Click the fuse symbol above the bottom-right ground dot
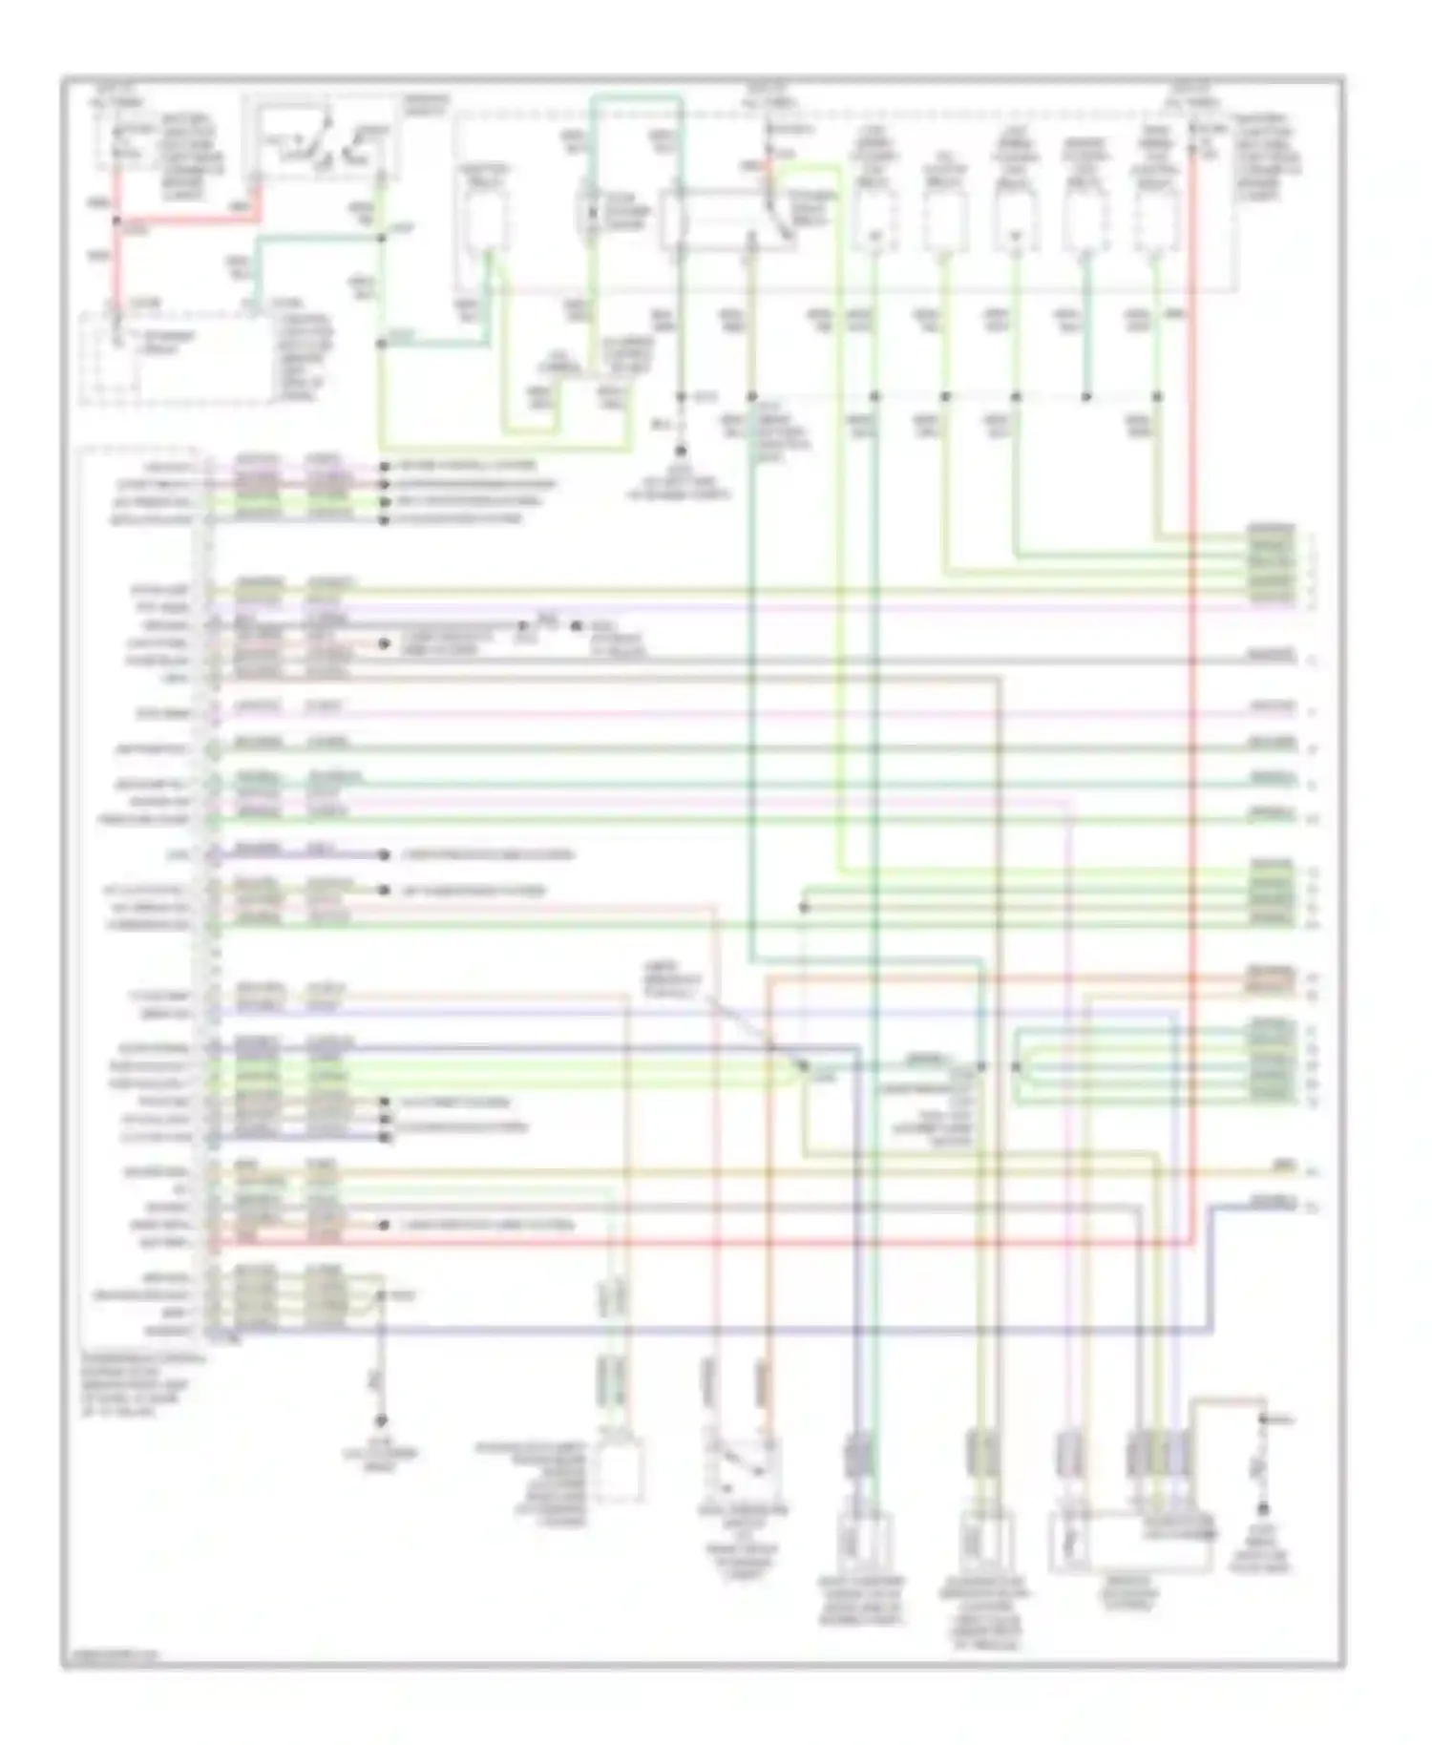(x=1262, y=1461)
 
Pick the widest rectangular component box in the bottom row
(x=1130, y=1539)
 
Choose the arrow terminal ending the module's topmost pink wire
(x=384, y=466)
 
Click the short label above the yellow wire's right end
(x=1281, y=1166)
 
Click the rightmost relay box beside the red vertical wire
(x=1156, y=220)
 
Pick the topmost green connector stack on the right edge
(x=1271, y=565)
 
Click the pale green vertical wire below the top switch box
(x=382, y=315)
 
